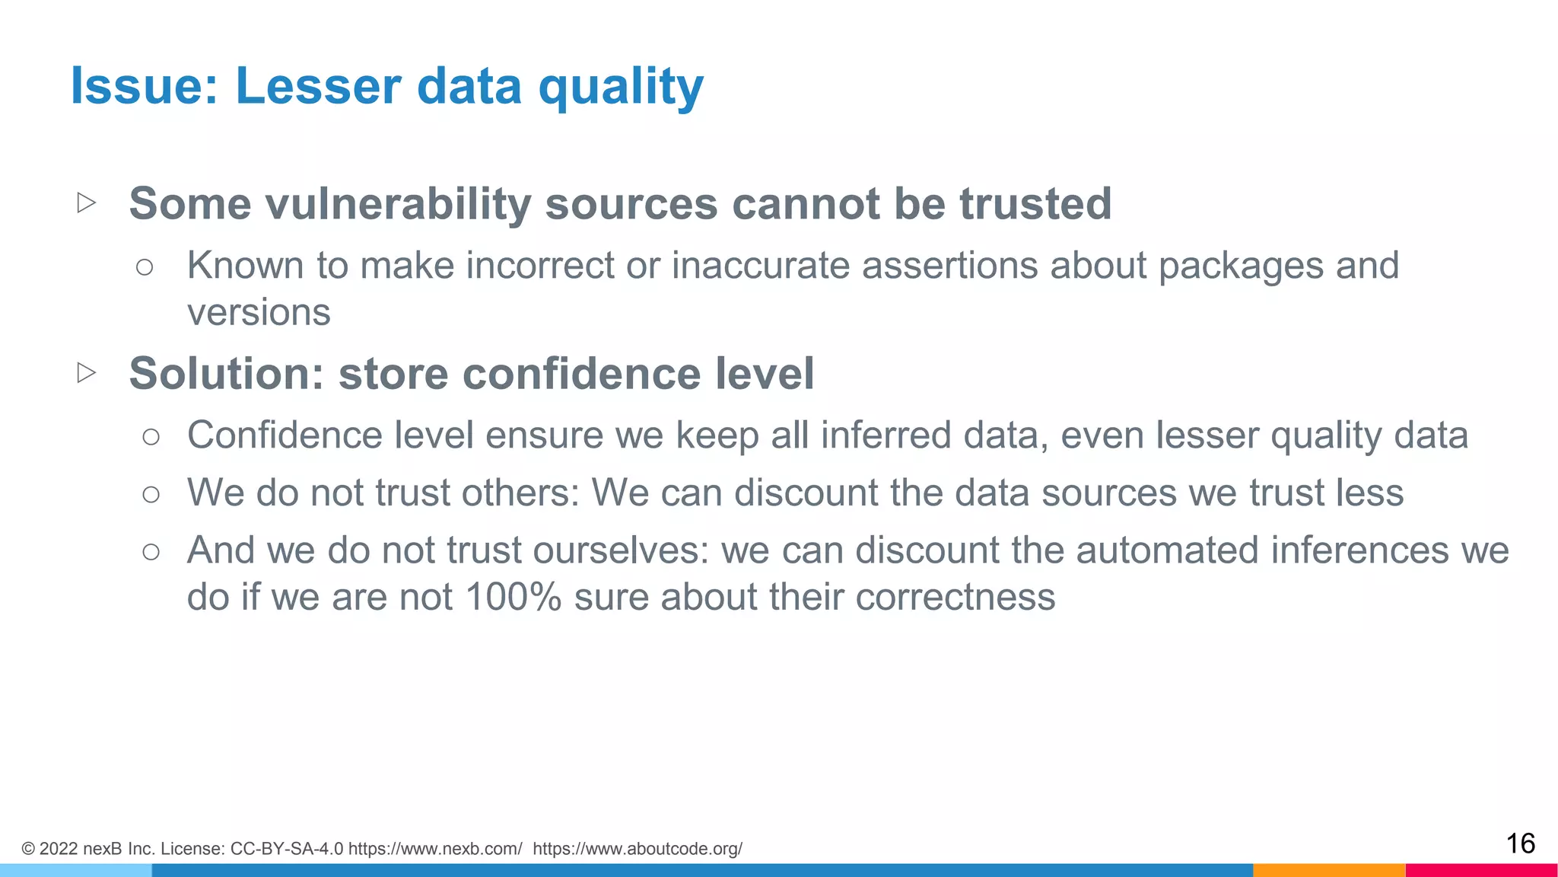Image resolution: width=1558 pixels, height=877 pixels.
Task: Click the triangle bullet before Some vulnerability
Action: click(87, 203)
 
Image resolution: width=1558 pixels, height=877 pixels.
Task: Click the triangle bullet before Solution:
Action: click(87, 372)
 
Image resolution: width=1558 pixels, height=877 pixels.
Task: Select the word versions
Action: click(259, 312)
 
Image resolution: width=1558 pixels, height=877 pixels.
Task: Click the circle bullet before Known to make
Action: click(145, 266)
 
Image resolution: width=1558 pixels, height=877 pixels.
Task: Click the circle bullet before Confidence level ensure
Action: click(151, 436)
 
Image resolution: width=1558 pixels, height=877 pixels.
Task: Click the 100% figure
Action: click(513, 597)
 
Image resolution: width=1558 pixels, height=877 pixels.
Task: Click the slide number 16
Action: click(1520, 844)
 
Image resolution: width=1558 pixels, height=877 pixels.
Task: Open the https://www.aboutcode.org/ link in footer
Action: click(638, 849)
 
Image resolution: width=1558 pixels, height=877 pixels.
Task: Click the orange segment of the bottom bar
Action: click(1328, 870)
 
